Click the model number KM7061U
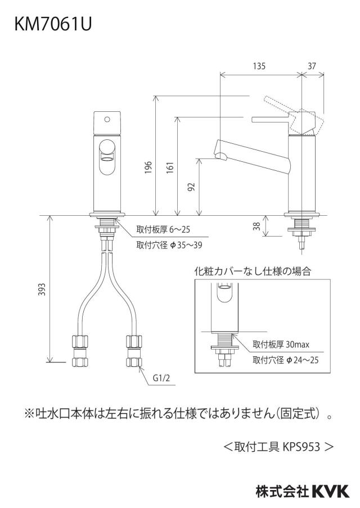[53, 24]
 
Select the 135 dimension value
[259, 66]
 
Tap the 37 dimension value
[312, 66]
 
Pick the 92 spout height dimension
[192, 187]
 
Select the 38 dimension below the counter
[257, 226]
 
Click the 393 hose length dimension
[42, 289]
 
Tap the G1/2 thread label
[161, 378]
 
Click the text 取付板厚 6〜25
[163, 230]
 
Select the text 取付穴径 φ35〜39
[169, 245]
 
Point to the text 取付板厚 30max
[281, 344]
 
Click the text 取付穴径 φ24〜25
[285, 360]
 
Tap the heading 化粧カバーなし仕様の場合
[253, 271]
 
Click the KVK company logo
[331, 491]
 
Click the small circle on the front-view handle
[107, 119]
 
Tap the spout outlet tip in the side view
[222, 157]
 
